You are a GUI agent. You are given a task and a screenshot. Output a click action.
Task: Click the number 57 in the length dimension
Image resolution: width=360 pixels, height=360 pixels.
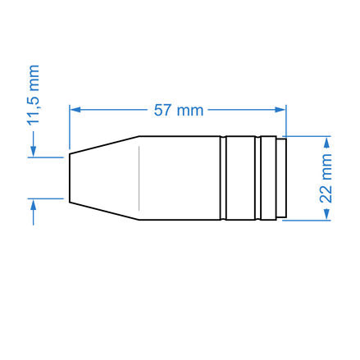(x=162, y=110)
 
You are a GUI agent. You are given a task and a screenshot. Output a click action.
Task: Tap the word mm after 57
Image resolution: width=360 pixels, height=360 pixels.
(x=190, y=112)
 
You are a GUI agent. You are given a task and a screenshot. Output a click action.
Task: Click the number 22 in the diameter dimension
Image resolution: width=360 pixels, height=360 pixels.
(x=326, y=194)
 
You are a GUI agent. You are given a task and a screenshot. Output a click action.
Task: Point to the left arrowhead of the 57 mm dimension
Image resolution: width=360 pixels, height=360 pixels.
(x=75, y=110)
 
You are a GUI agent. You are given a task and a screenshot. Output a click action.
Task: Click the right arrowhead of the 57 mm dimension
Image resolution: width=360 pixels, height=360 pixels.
(x=280, y=110)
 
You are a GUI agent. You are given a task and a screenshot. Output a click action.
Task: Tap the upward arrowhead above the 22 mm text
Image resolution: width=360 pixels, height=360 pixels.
(x=326, y=143)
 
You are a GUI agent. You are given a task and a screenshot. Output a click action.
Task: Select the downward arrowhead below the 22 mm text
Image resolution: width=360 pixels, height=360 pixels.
(x=326, y=214)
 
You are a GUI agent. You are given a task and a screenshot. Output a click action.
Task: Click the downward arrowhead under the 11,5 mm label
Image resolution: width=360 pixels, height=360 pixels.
(x=34, y=151)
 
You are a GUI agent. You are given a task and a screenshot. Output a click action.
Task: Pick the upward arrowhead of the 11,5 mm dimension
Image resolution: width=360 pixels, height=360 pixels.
(x=34, y=205)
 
